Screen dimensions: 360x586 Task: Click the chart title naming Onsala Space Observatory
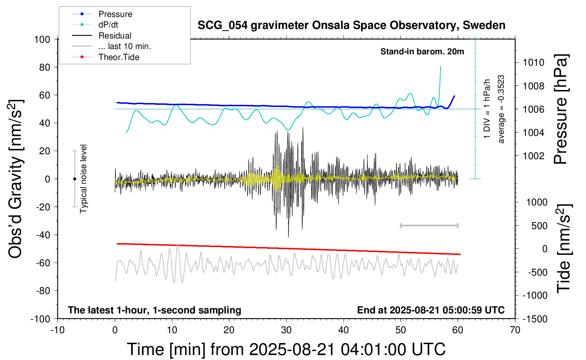point(351,25)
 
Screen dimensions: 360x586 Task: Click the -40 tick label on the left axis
point(43,235)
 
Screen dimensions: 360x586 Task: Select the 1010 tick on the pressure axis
point(533,62)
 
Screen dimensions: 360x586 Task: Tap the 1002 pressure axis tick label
point(533,156)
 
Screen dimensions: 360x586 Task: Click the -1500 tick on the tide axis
point(535,319)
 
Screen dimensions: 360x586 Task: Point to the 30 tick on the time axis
point(286,330)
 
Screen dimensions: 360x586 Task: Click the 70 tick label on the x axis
point(515,330)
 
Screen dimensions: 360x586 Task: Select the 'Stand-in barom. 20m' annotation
point(422,52)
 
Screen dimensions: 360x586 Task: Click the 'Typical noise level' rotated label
point(83,179)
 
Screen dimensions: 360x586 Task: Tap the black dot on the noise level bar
point(74,179)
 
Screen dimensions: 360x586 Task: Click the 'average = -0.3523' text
point(501,109)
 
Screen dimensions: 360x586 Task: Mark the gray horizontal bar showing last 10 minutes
point(429,225)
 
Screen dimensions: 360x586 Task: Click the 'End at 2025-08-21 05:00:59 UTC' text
point(431,310)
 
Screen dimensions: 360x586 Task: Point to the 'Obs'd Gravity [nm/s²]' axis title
point(16,179)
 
